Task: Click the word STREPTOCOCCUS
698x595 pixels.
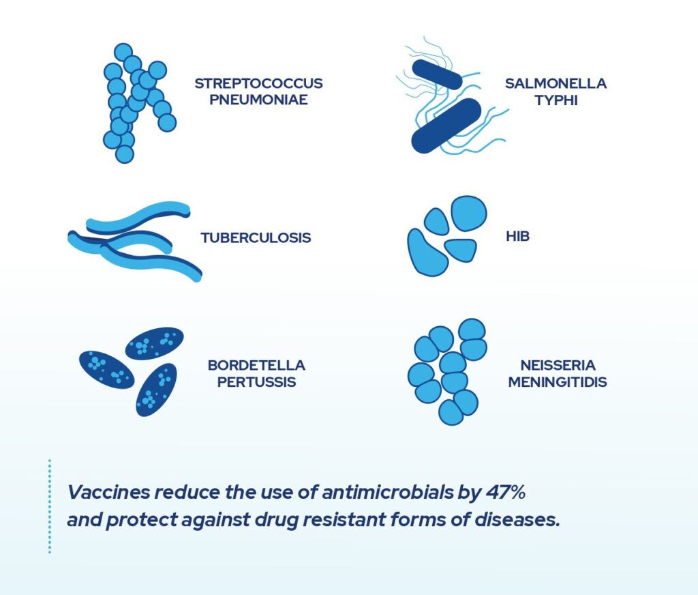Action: coord(258,83)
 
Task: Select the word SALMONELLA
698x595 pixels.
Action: coord(556,83)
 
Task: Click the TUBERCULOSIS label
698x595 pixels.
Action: coord(256,238)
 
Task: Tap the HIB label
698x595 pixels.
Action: coord(518,237)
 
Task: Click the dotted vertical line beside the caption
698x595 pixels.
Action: coord(50,506)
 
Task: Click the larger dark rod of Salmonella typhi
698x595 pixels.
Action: coord(446,125)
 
